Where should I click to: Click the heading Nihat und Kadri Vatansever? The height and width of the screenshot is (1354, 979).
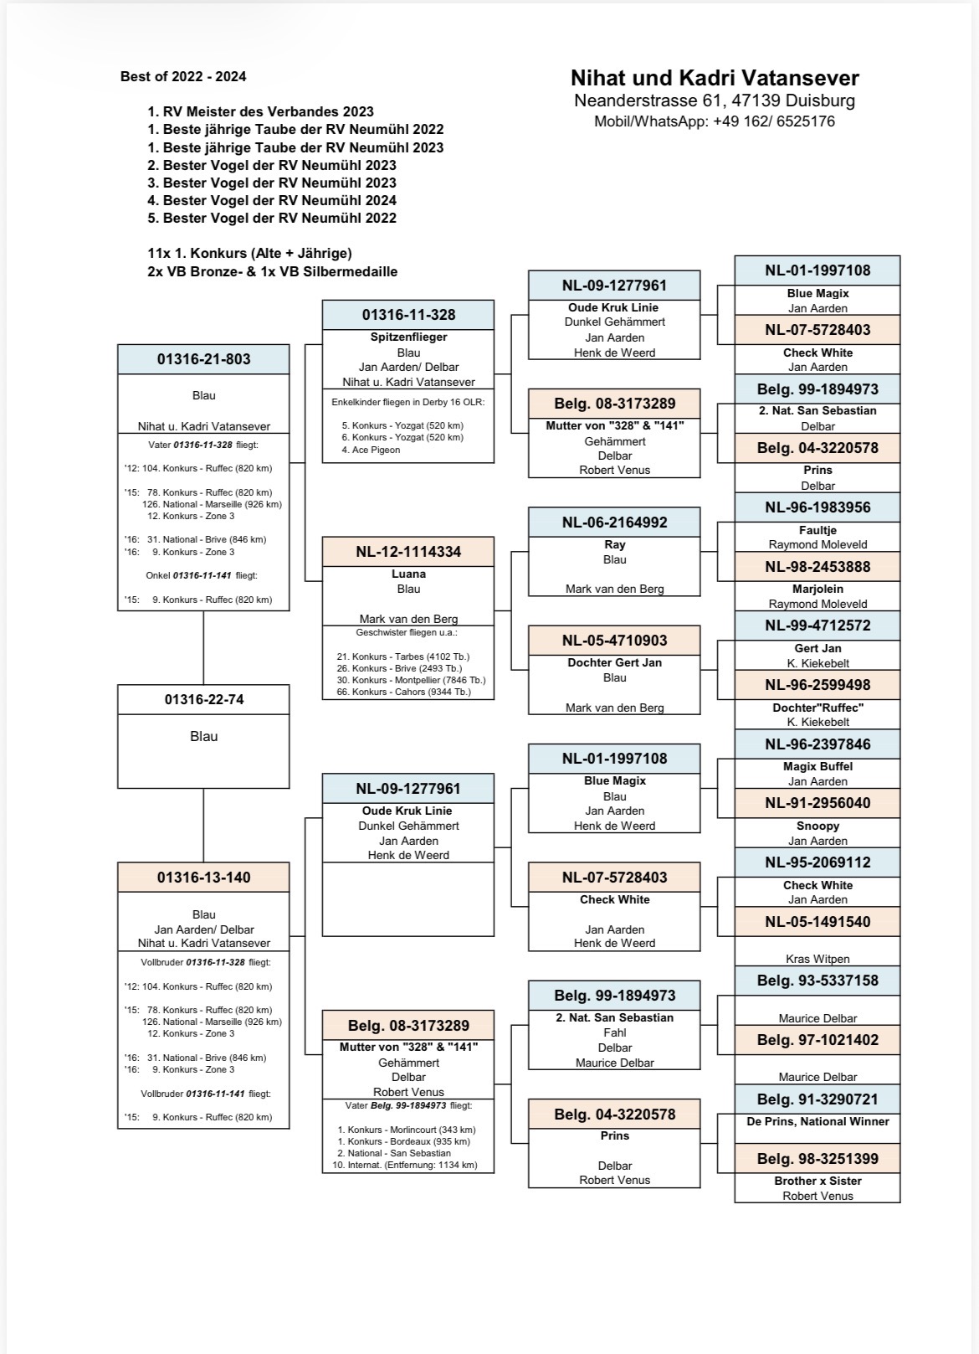click(715, 78)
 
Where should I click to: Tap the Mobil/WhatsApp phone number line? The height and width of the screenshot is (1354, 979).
click(715, 121)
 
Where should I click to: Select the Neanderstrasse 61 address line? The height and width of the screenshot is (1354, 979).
click(715, 100)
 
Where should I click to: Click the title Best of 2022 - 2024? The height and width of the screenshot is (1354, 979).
click(183, 76)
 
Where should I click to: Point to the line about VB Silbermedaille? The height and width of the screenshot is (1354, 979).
click(272, 271)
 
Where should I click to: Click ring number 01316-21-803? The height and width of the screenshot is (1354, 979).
click(203, 359)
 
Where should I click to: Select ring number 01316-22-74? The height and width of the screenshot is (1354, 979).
click(203, 699)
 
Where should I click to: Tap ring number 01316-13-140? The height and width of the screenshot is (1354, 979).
click(203, 878)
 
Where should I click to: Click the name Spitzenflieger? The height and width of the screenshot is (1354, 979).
click(408, 337)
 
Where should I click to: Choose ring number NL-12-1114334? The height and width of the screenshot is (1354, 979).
click(408, 552)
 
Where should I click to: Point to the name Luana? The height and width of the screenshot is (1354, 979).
click(408, 574)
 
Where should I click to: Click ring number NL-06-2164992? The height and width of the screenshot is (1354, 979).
click(614, 523)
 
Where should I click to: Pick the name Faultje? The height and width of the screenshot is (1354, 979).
click(818, 530)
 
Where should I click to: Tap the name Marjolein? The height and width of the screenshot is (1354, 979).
click(818, 589)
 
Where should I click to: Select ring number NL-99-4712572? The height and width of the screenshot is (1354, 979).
click(818, 626)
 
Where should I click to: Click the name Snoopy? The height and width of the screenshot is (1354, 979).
click(818, 826)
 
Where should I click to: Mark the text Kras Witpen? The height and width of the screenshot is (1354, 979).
click(818, 959)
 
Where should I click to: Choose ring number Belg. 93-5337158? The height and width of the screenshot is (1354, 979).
click(818, 981)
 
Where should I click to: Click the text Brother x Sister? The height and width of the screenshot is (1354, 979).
click(818, 1181)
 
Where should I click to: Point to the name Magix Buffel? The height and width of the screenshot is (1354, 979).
click(818, 766)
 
